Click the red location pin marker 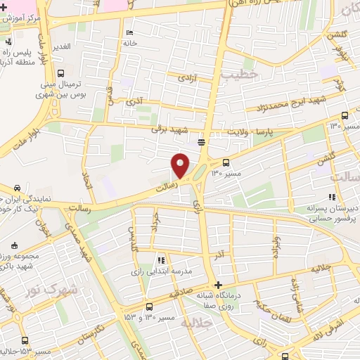pyautogui.click(x=181, y=165)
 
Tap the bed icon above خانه pyautogui.click(x=128, y=33)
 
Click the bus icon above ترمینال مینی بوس pyautogui.click(x=61, y=72)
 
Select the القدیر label pyautogui.click(x=60, y=46)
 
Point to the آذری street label pyautogui.click(x=134, y=103)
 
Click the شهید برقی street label pyautogui.click(x=166, y=129)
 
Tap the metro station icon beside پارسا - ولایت pyautogui.click(x=202, y=142)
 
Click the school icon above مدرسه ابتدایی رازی pyautogui.click(x=162, y=260)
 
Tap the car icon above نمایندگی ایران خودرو pyautogui.click(x=15, y=188)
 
